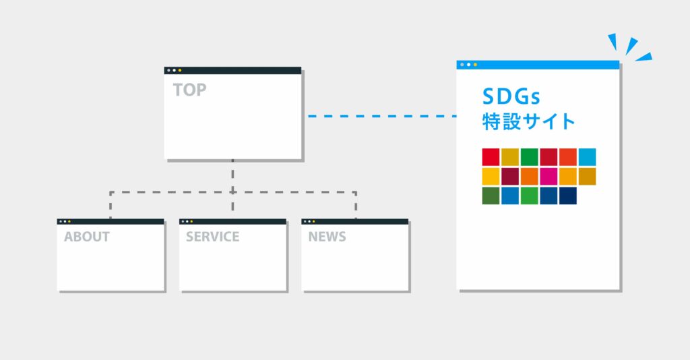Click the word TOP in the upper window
pyautogui.click(x=189, y=90)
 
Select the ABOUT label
pyautogui.click(x=87, y=237)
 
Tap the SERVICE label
pyautogui.click(x=212, y=237)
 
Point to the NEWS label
pyautogui.click(x=327, y=237)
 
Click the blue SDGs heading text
pyautogui.click(x=511, y=96)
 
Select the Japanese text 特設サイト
pyautogui.click(x=528, y=121)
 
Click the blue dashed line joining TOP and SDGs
pyautogui.click(x=382, y=116)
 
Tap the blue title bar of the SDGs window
pyautogui.click(x=538, y=65)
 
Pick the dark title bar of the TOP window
pyautogui.click(x=232, y=70)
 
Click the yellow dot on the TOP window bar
pyautogui.click(x=179, y=70)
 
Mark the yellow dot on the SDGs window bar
pyautogui.click(x=475, y=65)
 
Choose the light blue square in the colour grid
pyautogui.click(x=587, y=157)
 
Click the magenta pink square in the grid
pyautogui.click(x=548, y=177)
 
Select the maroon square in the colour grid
pyautogui.click(x=510, y=177)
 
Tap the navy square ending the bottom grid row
pyautogui.click(x=567, y=196)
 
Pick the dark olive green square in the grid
pyautogui.click(x=491, y=196)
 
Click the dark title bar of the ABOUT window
pyautogui.click(x=111, y=221)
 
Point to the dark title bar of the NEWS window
pyautogui.click(x=355, y=221)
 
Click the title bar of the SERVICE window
pyautogui.click(x=232, y=221)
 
